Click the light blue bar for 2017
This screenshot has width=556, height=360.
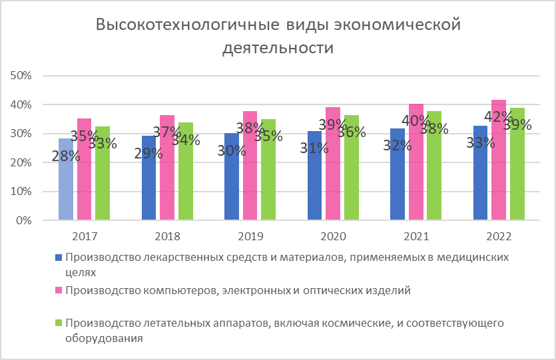pos(65,193)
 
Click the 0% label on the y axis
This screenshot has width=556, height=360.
pos(25,220)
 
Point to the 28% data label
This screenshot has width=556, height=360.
pos(67,156)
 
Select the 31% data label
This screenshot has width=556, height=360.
pos(315,148)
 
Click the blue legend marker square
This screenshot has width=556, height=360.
pos(59,257)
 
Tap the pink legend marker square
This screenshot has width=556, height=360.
pos(59,290)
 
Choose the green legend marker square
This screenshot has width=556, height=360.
pos(59,323)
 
